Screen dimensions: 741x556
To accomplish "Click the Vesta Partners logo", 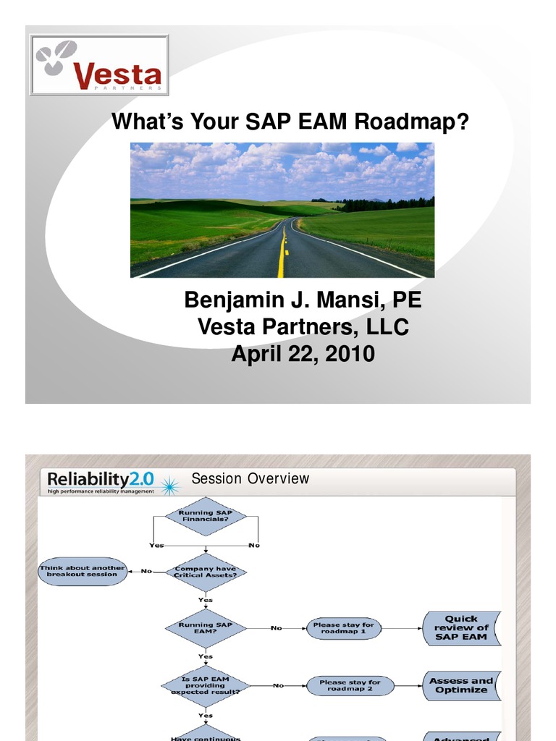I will point(99,65).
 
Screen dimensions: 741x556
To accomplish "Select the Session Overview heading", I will point(250,478).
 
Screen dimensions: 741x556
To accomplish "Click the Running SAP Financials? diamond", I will point(206,516).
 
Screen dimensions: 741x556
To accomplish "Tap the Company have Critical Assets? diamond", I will point(206,572).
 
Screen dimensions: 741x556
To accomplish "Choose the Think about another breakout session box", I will point(83,571).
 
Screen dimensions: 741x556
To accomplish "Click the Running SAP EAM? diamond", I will point(206,628).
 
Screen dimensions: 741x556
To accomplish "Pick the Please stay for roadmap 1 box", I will point(344,628).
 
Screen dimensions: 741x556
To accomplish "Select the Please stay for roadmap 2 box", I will point(350,685).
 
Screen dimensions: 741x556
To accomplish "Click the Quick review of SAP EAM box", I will point(461,628).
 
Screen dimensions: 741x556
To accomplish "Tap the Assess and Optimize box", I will point(461,685).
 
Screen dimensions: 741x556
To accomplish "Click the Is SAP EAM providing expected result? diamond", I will point(206,685).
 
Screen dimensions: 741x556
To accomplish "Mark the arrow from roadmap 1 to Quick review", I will point(402,628).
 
